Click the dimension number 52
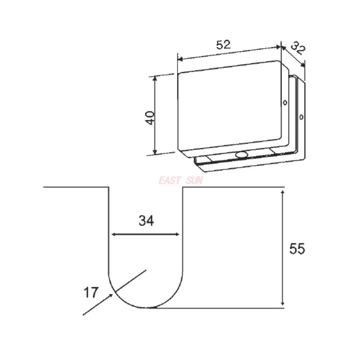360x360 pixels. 223,45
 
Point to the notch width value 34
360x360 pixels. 146,221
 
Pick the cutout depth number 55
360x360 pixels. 297,249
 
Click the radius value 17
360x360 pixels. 90,293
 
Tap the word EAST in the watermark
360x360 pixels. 169,181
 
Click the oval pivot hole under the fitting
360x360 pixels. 242,155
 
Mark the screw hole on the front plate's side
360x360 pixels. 285,103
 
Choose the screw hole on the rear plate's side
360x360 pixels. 301,118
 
